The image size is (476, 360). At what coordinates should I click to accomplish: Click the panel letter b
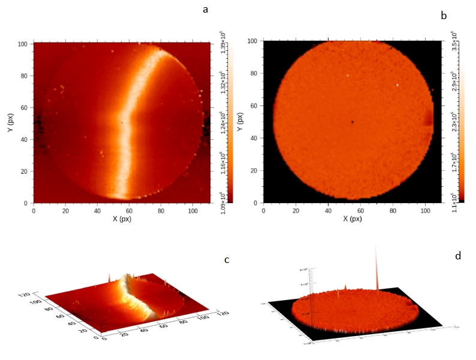pos(444,16)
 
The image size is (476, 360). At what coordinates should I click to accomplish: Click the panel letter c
pos(227,260)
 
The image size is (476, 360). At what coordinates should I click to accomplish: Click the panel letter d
pos(458,256)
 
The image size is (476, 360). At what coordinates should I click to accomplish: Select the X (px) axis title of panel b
pos(352,219)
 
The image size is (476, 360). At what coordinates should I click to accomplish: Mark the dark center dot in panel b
pos(353,122)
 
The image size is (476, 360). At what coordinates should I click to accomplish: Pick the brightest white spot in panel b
pos(397,85)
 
